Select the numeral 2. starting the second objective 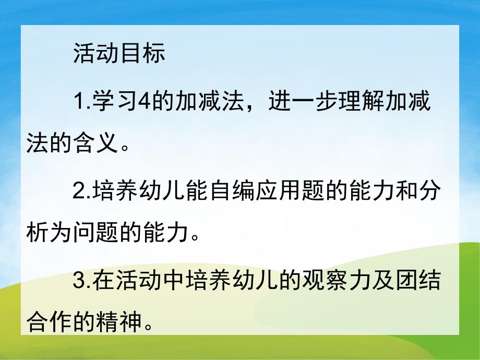[x=81, y=193]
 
